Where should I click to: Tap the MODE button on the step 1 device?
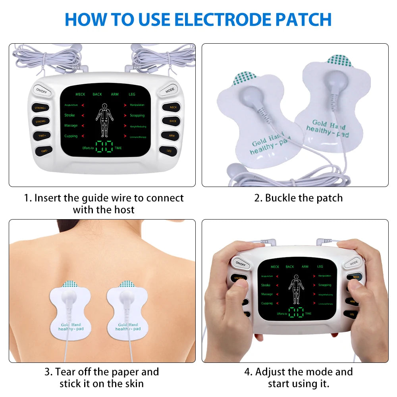point(170,90)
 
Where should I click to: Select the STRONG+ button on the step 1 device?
point(40,108)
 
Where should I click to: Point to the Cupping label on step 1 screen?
point(71,136)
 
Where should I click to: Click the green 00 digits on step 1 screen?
point(104,146)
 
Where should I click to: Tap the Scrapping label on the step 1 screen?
point(137,116)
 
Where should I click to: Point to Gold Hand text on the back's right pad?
point(127,324)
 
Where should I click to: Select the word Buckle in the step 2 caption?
point(281,198)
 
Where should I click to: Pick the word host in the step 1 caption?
point(123,210)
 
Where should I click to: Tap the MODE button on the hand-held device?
point(353,262)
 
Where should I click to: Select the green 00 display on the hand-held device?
point(296,312)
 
